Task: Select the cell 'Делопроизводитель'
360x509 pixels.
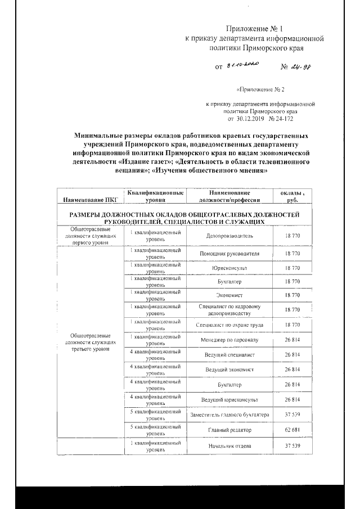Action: point(230,237)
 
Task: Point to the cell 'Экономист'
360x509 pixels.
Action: point(230,295)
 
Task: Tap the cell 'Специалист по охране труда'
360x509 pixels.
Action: point(230,325)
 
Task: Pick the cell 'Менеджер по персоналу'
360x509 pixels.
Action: point(230,340)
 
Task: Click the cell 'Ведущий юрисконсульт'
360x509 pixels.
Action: point(230,400)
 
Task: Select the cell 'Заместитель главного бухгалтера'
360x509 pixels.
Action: point(230,415)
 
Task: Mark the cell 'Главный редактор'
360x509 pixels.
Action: point(230,431)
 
